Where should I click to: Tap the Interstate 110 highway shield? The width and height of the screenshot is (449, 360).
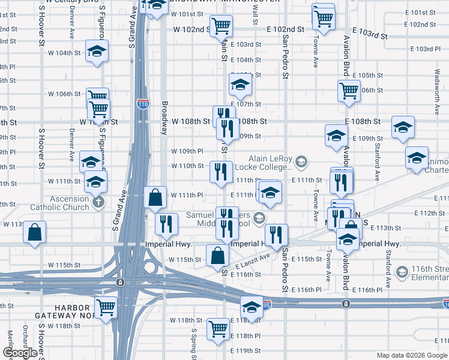click(142, 104)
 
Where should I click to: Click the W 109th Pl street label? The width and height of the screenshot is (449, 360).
click(187, 151)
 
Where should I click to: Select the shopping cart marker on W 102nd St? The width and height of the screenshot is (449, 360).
click(221, 26)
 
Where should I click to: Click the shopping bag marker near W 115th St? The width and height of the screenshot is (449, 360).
click(217, 256)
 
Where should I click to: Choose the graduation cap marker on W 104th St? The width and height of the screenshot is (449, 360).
click(96, 52)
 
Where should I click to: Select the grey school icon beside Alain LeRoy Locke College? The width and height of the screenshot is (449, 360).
click(301, 161)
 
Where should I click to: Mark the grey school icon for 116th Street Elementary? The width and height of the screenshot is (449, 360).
click(402, 274)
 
